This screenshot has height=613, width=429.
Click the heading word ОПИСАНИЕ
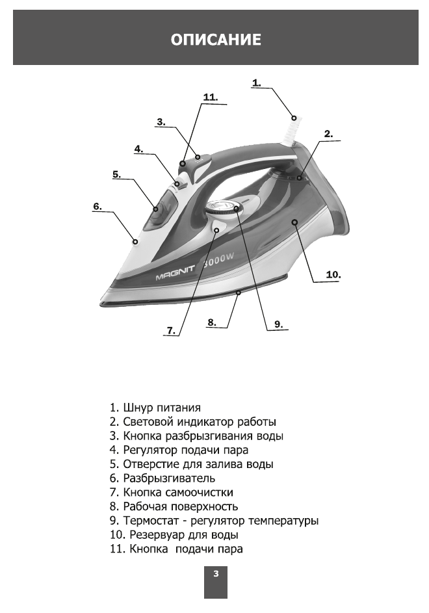(x=216, y=40)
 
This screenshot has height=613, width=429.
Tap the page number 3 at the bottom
(x=216, y=573)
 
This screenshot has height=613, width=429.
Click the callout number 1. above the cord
(x=257, y=83)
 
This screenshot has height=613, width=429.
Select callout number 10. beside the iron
(x=333, y=275)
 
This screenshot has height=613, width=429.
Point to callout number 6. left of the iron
(x=97, y=206)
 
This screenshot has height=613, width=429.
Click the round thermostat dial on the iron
(x=222, y=209)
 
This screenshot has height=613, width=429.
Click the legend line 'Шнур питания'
(x=155, y=408)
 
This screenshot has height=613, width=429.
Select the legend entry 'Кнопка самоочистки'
(x=171, y=492)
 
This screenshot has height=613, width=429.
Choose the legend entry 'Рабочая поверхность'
(x=174, y=506)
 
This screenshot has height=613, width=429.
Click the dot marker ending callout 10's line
(x=294, y=222)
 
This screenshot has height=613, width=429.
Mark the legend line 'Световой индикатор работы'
(x=192, y=422)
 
